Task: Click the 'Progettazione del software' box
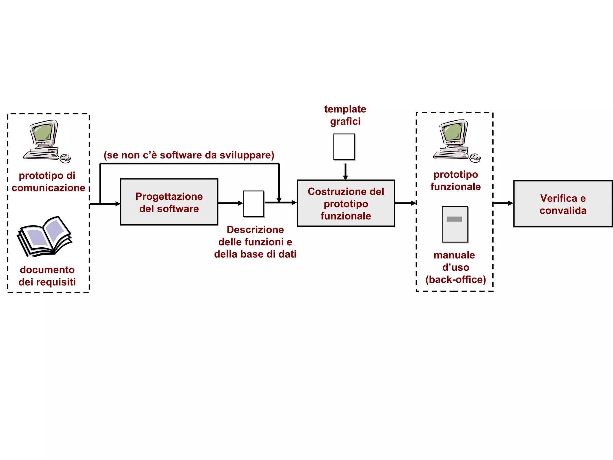pyautogui.click(x=169, y=202)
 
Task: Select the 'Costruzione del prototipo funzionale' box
pyautogui.click(x=346, y=203)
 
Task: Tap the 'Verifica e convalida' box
pyautogui.click(x=563, y=204)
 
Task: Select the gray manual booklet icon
pyautogui.click(x=455, y=224)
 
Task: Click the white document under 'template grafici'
pyautogui.click(x=344, y=147)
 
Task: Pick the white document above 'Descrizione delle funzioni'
pyautogui.click(x=253, y=204)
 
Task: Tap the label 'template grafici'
pyautogui.click(x=345, y=115)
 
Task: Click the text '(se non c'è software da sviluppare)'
pyautogui.click(x=189, y=155)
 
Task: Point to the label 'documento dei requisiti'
pyautogui.click(x=47, y=276)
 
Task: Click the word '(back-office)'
pyautogui.click(x=456, y=279)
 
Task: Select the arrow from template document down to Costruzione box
pyautogui.click(x=345, y=171)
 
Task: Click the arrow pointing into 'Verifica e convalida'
pyautogui.click(x=503, y=203)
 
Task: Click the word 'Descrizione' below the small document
pyautogui.click(x=255, y=230)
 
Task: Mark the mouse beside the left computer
pyautogui.click(x=66, y=158)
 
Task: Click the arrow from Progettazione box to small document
pyautogui.click(x=230, y=203)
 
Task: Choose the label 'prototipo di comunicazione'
pyautogui.click(x=48, y=181)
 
